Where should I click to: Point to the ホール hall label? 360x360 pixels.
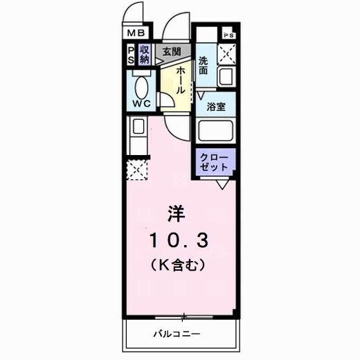pos(179,81)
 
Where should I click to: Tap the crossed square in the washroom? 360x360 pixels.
pos(227,53)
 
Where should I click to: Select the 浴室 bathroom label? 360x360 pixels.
pos(216,107)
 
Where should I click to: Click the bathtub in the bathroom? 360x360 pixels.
pos(216,131)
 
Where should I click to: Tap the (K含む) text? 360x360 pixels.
pos(177,264)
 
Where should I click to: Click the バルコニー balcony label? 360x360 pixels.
pos(177,334)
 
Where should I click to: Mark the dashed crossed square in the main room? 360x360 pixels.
pos(137,169)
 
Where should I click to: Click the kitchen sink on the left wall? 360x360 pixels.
pos(138,127)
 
